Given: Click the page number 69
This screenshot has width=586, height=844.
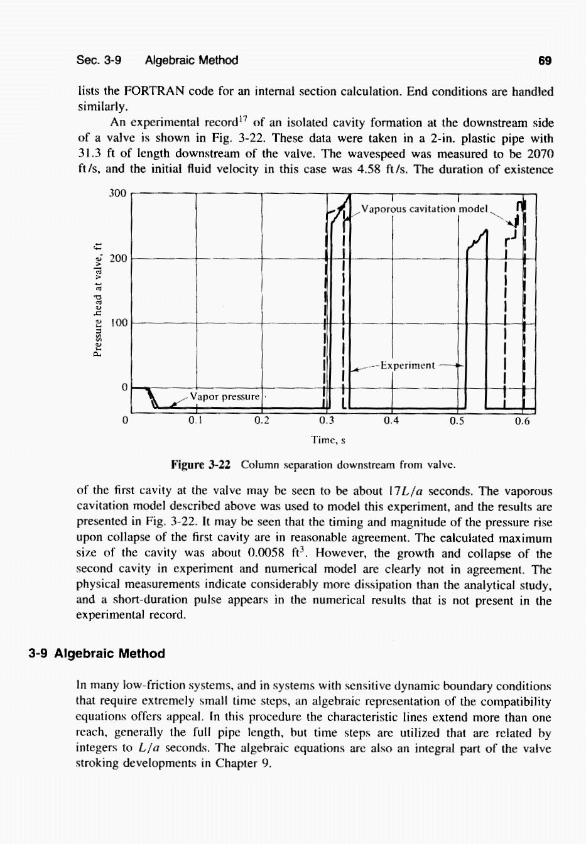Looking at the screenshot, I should (545, 60).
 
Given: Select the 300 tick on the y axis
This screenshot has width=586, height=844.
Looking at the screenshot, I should (117, 193).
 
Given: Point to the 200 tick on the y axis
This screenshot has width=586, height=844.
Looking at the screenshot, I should (117, 258).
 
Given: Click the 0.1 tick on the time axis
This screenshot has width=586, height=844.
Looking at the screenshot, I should (196, 420).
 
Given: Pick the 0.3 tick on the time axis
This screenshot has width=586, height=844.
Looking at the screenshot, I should (327, 420).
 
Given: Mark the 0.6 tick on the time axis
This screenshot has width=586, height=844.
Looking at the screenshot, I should (522, 420).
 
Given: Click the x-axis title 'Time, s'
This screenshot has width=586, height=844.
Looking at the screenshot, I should (328, 440).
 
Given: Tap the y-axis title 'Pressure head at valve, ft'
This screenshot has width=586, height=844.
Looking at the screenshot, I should (97, 300).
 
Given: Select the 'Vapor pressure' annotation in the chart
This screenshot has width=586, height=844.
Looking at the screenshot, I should (224, 396).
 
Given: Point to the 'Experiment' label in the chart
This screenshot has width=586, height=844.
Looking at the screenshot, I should (408, 365).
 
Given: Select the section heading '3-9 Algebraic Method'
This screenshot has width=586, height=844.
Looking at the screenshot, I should (97, 653).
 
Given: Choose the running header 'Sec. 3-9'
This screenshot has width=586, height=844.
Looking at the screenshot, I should (99, 60).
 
